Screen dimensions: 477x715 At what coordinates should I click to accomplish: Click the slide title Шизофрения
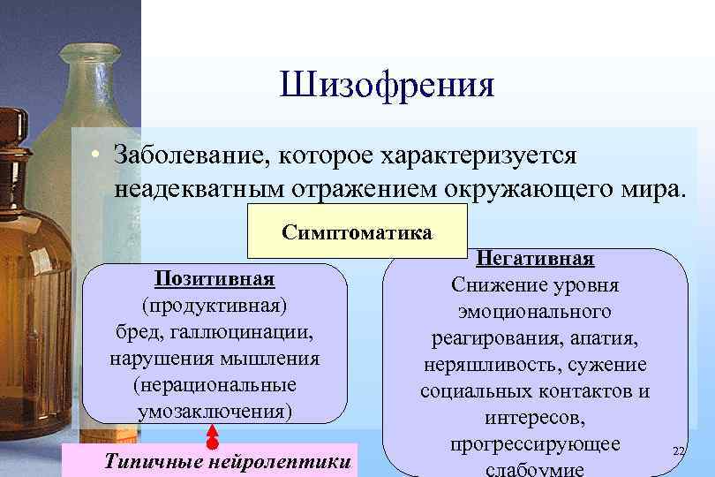click(387, 86)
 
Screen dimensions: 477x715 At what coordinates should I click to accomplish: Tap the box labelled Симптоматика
click(357, 233)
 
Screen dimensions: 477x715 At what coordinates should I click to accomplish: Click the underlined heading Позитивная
click(214, 279)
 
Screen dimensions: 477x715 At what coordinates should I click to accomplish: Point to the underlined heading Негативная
click(535, 259)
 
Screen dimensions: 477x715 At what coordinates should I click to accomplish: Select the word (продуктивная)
click(214, 306)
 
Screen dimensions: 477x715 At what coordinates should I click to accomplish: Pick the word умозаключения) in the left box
click(214, 412)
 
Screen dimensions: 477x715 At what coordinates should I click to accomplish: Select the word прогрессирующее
click(535, 443)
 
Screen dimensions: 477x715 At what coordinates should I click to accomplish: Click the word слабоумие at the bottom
click(535, 468)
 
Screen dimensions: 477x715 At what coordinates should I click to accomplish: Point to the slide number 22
click(678, 450)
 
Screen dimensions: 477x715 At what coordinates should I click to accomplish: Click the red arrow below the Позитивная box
click(212, 435)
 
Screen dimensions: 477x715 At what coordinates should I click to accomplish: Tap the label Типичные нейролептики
click(227, 461)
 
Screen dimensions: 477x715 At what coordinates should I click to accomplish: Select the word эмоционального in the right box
click(535, 312)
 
